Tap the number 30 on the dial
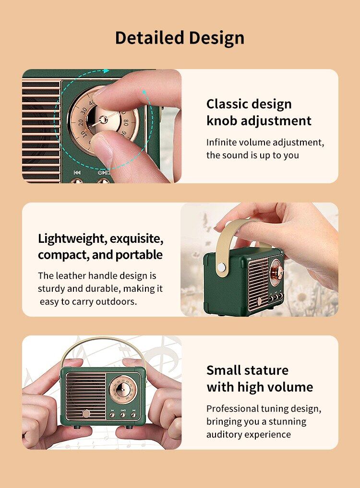[85, 111]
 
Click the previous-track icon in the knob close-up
[77, 172]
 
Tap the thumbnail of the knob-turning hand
[102, 126]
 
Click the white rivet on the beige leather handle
[222, 267]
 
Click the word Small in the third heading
[223, 370]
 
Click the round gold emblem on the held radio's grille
[86, 413]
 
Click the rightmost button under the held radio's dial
[133, 415]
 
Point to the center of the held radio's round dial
[123, 390]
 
